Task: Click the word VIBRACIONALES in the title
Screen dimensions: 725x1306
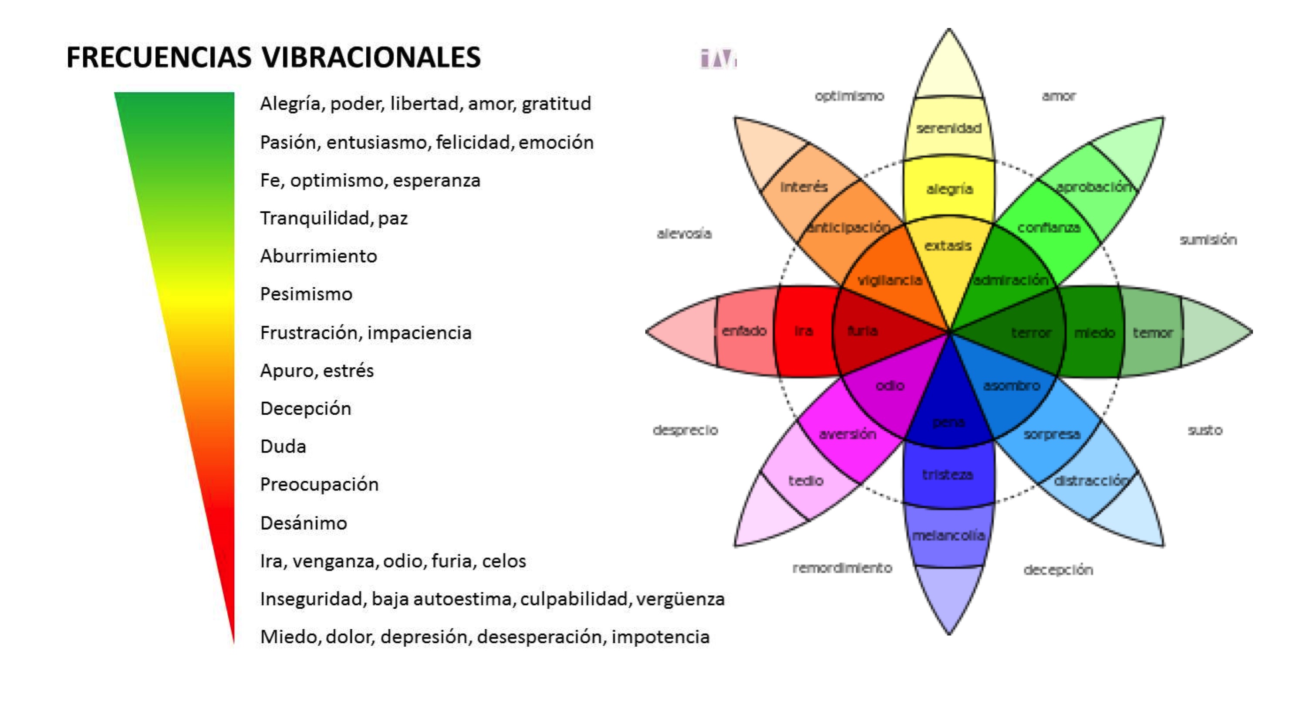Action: [371, 57]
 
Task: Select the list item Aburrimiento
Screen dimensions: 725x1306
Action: [318, 256]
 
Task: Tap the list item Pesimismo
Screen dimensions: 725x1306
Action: [306, 294]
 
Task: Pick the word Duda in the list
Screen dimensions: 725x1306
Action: [283, 447]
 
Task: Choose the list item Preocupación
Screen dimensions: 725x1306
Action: [319, 485]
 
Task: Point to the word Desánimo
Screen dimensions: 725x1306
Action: [303, 523]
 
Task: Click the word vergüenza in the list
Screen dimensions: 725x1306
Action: [680, 599]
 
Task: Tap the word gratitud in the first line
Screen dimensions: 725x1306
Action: [556, 104]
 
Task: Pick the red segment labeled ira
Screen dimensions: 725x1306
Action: [803, 331]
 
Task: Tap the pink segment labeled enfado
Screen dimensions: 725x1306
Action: [744, 331]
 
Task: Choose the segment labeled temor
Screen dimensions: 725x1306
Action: [1152, 333]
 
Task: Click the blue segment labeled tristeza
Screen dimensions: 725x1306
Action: [947, 475]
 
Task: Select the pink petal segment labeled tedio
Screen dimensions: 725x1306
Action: [806, 481]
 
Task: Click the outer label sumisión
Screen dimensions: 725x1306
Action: [1208, 240]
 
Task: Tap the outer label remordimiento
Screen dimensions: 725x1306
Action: [842, 568]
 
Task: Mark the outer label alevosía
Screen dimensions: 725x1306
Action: [684, 234]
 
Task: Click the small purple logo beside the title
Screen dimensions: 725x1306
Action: [717, 59]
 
